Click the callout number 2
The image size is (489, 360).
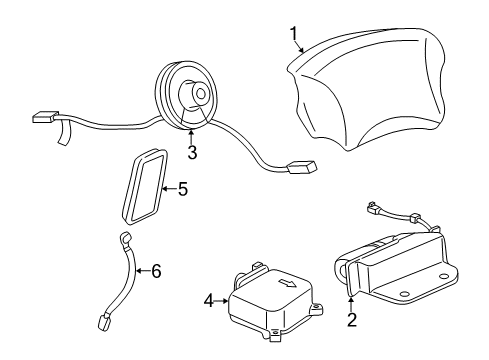point(351,321)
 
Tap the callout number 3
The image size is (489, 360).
point(191,152)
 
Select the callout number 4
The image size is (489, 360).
point(208,298)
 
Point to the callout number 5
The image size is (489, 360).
point(182,187)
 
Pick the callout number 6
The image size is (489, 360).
point(155,270)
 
